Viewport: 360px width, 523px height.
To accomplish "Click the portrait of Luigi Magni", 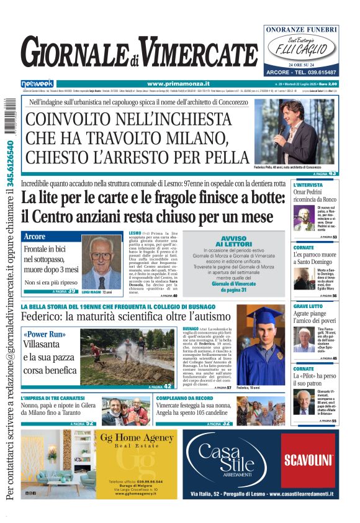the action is pyautogui.click(x=101, y=261).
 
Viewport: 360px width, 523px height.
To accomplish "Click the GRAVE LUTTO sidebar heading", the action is pyautogui.click(x=308, y=306).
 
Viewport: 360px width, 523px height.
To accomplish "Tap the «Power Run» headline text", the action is pyautogui.click(x=44, y=334).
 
